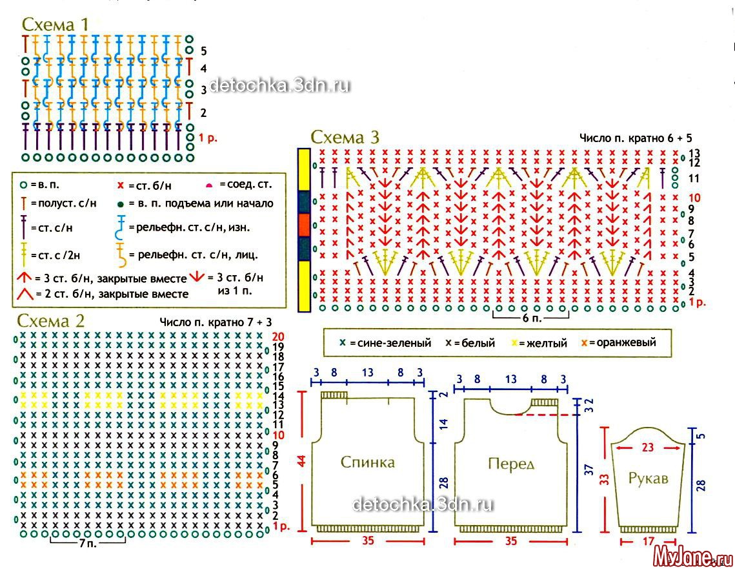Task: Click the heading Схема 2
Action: point(51,321)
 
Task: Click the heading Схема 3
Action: point(345,137)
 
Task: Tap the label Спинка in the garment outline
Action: point(367,462)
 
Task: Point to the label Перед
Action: point(512,464)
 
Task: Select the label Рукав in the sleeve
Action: point(648,479)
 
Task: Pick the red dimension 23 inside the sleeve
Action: point(649,446)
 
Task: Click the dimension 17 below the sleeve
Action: point(649,542)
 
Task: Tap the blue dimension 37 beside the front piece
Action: point(588,470)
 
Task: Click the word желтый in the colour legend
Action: point(544,343)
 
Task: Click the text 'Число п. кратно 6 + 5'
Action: point(635,138)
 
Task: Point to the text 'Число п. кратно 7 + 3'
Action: point(214,321)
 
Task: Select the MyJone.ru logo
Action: point(692,555)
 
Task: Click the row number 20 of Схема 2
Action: point(278,336)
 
